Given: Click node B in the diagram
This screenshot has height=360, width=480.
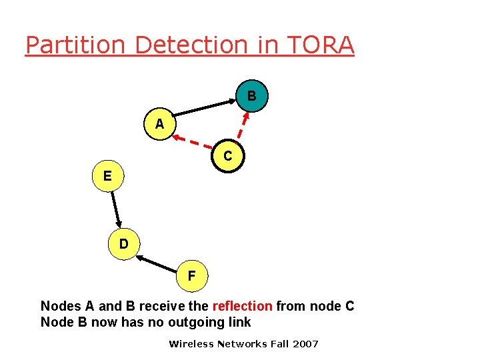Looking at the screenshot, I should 251,97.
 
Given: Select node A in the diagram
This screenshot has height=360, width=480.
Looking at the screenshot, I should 159,124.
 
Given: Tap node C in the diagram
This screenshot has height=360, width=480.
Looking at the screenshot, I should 228,157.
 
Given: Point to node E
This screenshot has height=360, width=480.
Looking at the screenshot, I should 107,176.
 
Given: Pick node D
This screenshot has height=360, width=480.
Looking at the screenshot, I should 124,244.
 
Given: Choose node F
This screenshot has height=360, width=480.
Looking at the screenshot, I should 192,275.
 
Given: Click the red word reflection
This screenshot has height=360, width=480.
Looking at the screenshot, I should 242,306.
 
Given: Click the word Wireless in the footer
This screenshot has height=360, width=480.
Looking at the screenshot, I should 192,344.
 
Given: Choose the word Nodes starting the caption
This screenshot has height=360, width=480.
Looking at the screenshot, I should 61,306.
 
